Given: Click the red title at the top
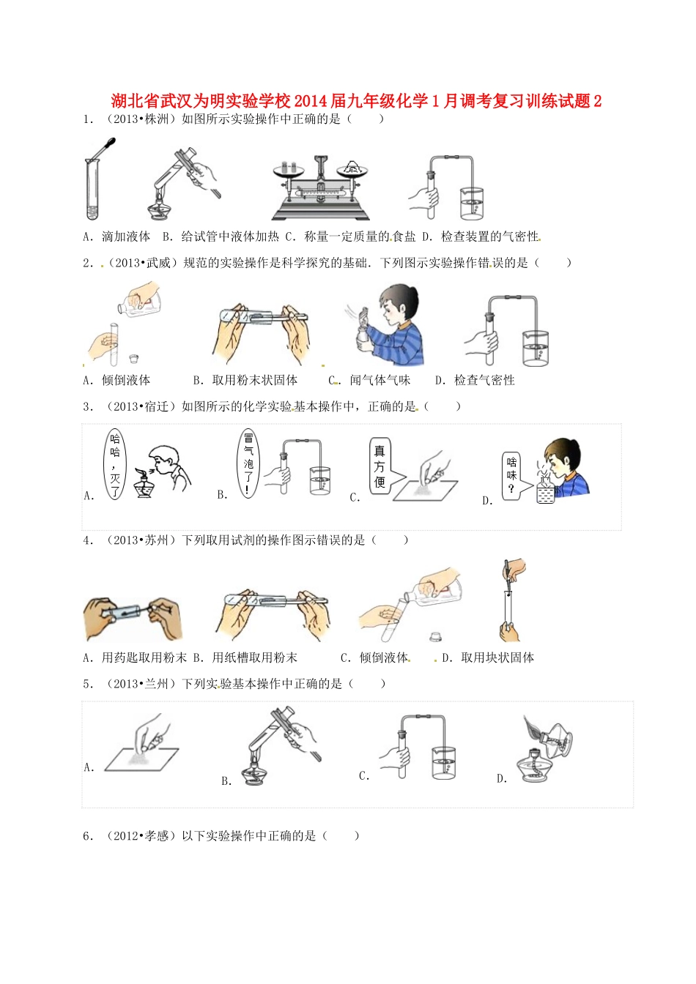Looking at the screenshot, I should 356,101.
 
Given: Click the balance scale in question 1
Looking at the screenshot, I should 320,188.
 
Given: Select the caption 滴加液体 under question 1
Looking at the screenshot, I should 126,236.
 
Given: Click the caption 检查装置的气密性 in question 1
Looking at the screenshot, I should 489,236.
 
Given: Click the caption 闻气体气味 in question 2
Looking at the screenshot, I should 380,380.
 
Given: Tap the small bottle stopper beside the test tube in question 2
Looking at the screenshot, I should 133,359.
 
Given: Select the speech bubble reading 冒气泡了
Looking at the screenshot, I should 249,463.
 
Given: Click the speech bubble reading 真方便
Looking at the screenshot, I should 380,466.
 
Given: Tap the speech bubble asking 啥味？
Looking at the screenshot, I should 511,476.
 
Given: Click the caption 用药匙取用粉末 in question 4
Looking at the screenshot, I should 144,657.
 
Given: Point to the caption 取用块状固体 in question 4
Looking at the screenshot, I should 497,657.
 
